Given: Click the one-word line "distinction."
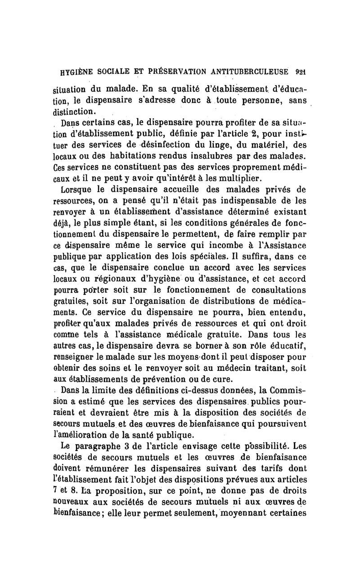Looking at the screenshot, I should coord(78,111).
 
